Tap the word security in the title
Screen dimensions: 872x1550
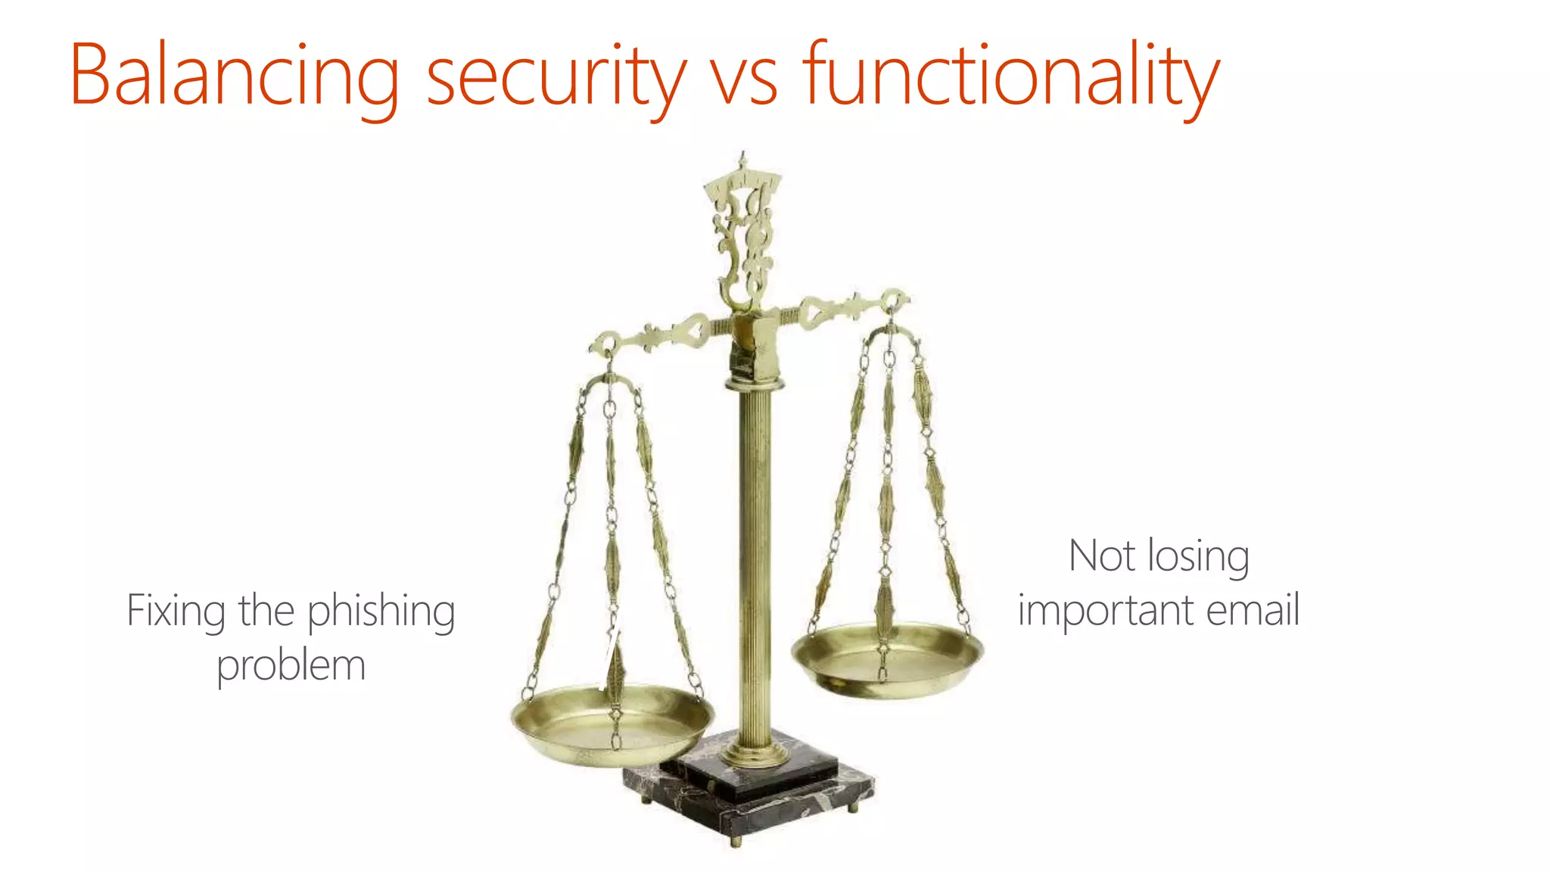556,76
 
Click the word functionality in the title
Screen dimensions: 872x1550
1010,76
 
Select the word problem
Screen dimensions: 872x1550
291,666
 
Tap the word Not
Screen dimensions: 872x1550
1102,556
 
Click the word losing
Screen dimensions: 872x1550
1199,557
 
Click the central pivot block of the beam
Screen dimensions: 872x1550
754,345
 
